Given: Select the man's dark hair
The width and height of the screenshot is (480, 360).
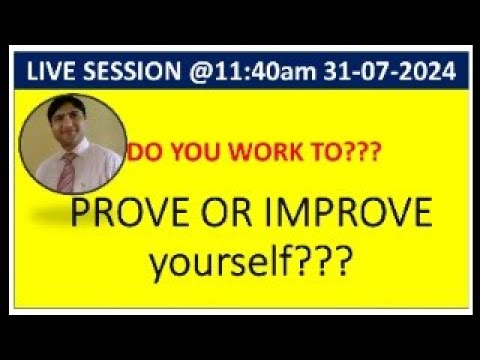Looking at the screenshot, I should (80, 107).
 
